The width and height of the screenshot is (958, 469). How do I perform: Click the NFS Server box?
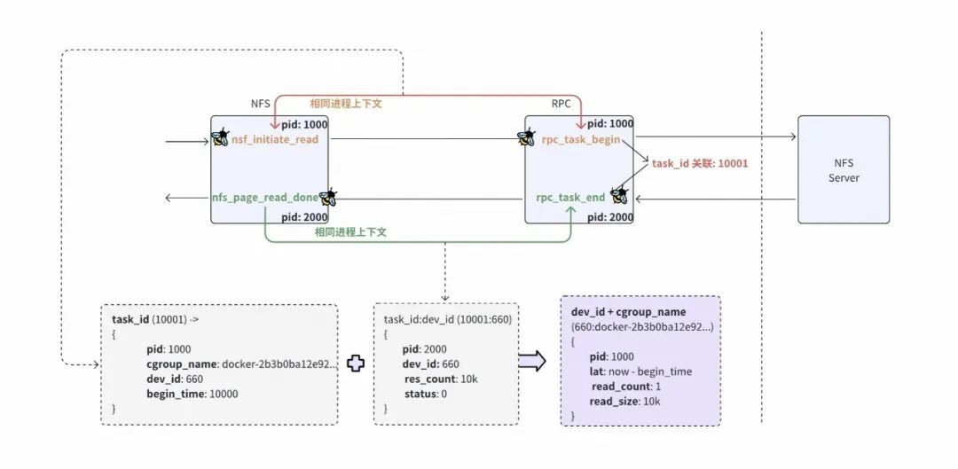coord(844,169)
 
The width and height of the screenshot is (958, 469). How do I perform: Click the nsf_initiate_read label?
coord(275,139)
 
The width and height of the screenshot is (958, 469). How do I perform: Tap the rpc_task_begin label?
coord(581,140)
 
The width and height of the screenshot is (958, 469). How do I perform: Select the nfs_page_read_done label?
coord(265,197)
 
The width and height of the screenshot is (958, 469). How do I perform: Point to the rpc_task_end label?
coord(570,197)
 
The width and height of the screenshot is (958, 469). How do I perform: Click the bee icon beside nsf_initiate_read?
coord(220,137)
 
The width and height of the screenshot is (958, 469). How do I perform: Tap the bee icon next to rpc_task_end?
coord(619,195)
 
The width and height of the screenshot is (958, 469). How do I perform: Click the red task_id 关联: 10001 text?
coord(700,164)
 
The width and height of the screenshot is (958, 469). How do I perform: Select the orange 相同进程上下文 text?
coord(346,104)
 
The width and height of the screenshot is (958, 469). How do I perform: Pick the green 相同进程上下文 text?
coord(350,232)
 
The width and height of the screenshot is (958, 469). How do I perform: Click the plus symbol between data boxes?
coord(356,363)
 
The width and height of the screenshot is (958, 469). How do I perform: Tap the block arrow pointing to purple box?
coord(531,361)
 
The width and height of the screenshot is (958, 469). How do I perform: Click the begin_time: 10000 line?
coord(192,394)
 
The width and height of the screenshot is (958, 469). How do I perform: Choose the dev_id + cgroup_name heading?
coord(629,312)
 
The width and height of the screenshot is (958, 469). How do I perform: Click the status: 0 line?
coord(425,394)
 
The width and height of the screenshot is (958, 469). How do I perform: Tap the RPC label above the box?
coord(561,104)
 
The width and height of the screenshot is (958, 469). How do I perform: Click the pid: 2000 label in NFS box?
coord(304,217)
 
